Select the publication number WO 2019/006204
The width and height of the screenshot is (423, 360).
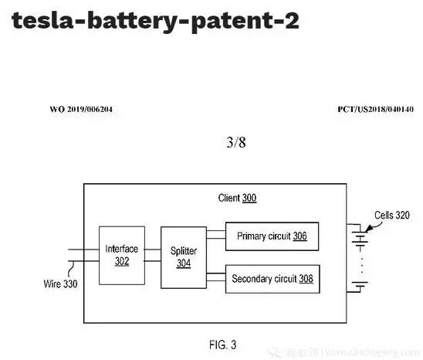click(x=81, y=110)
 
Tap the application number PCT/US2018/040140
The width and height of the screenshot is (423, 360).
click(x=374, y=110)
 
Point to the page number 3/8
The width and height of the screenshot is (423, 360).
click(x=234, y=142)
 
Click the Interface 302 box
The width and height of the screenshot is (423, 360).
click(x=122, y=254)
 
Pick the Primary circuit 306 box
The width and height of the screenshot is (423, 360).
click(x=272, y=236)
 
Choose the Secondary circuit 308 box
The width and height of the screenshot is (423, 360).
click(x=272, y=278)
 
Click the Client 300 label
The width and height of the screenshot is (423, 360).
click(x=237, y=199)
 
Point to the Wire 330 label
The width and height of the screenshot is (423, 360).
click(x=60, y=284)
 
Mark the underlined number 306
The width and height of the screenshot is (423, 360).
click(x=300, y=236)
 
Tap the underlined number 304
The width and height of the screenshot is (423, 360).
click(x=184, y=263)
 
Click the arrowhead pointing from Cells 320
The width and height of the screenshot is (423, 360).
click(x=368, y=229)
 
